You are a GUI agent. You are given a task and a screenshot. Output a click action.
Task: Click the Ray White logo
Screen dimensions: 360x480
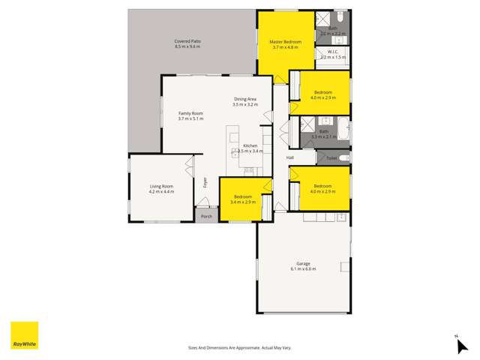(24, 335)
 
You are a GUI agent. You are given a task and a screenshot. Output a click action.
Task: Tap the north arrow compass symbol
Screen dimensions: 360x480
(461, 344)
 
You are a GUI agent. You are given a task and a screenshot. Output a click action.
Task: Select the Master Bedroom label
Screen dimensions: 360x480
(286, 41)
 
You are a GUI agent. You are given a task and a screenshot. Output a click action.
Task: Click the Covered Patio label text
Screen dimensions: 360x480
(187, 41)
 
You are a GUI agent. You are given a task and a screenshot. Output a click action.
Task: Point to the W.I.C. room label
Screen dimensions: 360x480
(332, 52)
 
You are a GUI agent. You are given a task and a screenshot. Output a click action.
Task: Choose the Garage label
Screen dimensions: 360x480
(303, 263)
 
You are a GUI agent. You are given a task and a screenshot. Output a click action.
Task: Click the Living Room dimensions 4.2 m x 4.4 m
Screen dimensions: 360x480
(161, 191)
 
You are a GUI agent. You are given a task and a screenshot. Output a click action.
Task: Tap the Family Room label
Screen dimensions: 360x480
(190, 113)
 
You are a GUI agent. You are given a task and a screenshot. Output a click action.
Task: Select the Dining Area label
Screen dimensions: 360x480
(246, 99)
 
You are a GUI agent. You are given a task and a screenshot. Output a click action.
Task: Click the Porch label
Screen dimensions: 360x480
(206, 217)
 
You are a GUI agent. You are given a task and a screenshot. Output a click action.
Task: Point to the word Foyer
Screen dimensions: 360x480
(205, 181)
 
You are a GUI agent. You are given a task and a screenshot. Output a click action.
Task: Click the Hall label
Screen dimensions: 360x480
(289, 157)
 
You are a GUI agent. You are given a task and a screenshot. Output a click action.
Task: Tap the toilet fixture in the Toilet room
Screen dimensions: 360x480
(343, 158)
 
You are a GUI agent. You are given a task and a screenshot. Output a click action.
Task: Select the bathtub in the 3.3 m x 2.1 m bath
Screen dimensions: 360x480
(342, 130)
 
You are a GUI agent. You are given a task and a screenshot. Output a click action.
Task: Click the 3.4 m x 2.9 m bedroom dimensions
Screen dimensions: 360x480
(243, 202)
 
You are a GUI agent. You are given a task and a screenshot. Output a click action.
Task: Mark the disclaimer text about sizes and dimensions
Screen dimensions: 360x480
(239, 348)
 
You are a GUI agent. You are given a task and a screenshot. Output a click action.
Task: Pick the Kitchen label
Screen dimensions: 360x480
(250, 145)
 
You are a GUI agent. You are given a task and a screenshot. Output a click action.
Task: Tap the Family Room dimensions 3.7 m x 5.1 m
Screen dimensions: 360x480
(190, 118)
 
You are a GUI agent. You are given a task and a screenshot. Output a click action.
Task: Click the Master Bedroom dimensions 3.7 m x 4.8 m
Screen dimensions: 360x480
(286, 46)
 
